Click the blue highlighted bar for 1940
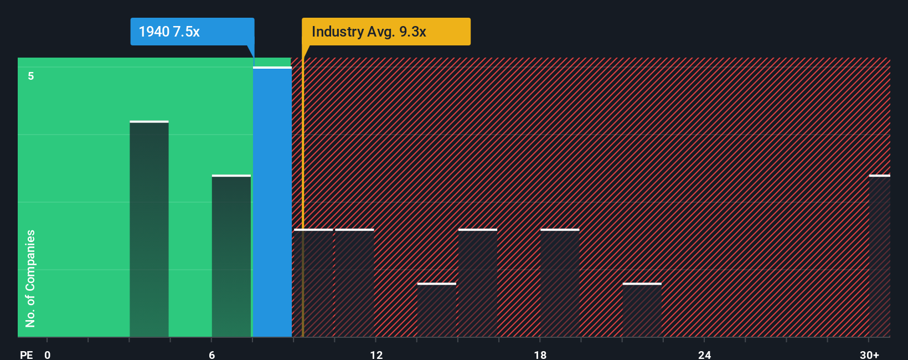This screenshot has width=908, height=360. point(272,202)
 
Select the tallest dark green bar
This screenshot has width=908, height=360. point(149,229)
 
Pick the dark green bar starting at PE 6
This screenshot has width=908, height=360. point(231,256)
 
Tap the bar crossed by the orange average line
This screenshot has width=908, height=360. point(313,283)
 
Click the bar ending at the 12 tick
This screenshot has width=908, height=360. point(354,283)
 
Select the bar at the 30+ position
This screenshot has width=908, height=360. point(879,256)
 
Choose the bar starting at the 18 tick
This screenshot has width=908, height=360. point(560,283)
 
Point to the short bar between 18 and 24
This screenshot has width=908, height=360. point(642,310)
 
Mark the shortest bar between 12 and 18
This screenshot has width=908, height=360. point(436,310)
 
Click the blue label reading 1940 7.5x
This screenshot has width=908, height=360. point(192,32)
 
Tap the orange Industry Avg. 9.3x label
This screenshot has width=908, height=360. point(386,32)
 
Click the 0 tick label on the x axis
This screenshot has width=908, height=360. point(48,354)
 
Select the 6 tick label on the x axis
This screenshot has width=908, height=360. point(211,354)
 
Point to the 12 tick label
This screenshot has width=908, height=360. point(376,354)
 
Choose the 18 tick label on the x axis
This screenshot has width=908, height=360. point(540,354)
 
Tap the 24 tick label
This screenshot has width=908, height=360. point(704,354)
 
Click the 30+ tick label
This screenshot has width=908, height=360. point(869,354)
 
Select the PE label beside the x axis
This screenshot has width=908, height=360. point(26,354)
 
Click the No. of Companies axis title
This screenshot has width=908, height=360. point(30,278)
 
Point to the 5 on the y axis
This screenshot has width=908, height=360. point(31,76)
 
